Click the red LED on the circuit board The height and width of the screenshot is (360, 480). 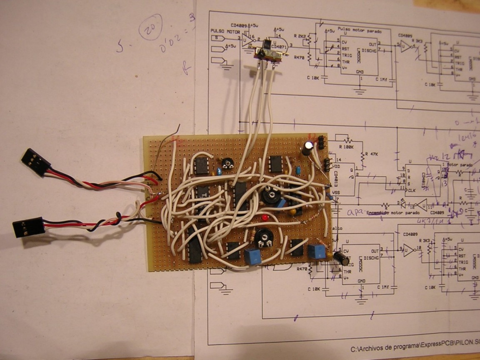tap(265, 218)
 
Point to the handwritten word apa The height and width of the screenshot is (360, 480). tap(357, 211)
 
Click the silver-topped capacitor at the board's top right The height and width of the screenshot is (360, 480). tap(308, 148)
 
